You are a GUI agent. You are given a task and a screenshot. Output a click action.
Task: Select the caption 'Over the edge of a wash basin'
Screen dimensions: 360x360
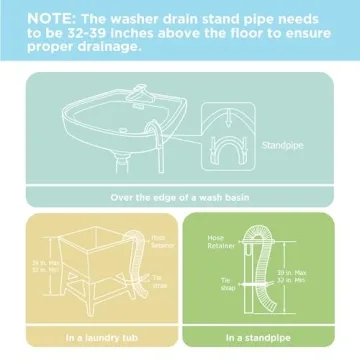(180, 197)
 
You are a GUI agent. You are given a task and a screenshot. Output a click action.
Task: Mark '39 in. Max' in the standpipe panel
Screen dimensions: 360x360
(317, 274)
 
